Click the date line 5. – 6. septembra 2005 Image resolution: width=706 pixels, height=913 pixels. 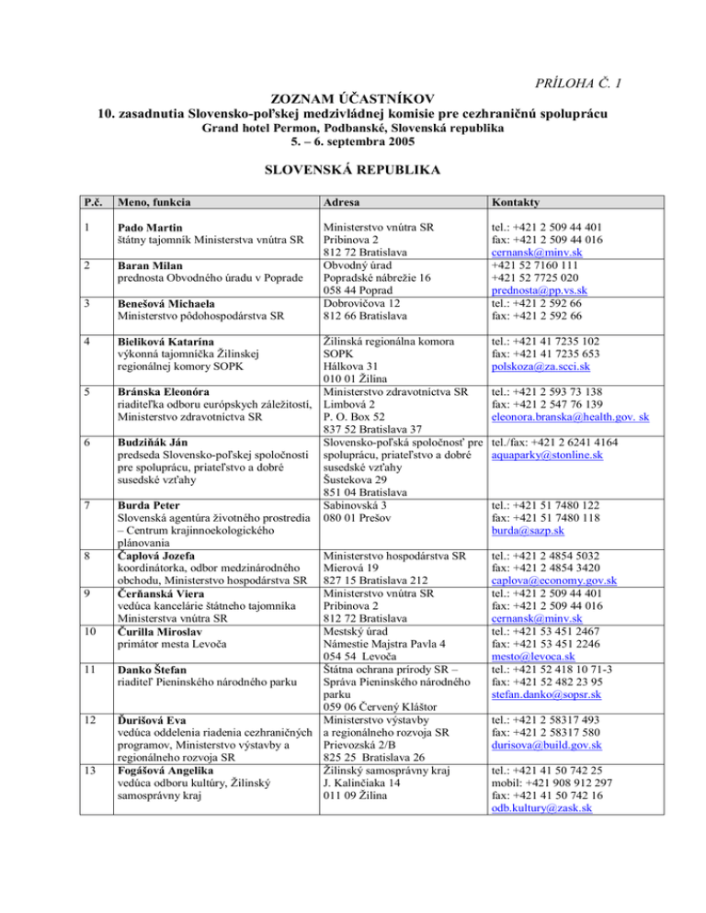pyautogui.click(x=353, y=143)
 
